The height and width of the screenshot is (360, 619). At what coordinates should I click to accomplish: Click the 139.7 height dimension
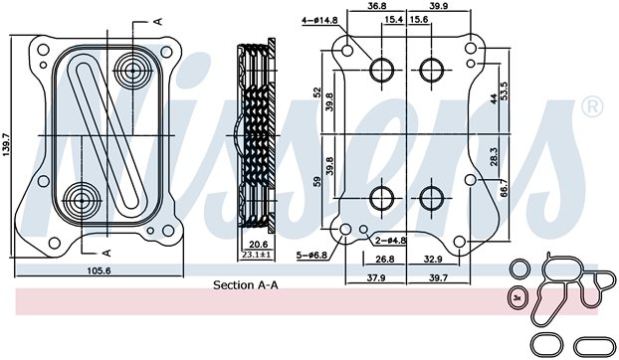(6, 145)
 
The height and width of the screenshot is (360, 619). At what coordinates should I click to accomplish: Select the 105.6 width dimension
(99, 270)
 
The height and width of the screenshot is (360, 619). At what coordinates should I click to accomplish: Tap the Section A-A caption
(246, 284)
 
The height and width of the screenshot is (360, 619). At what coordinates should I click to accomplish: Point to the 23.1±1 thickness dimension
(256, 255)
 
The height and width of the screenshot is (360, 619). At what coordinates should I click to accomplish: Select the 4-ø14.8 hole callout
(320, 20)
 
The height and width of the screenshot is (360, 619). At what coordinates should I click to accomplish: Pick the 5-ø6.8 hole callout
(311, 256)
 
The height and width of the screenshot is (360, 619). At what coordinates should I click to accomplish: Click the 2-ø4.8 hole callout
(390, 240)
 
